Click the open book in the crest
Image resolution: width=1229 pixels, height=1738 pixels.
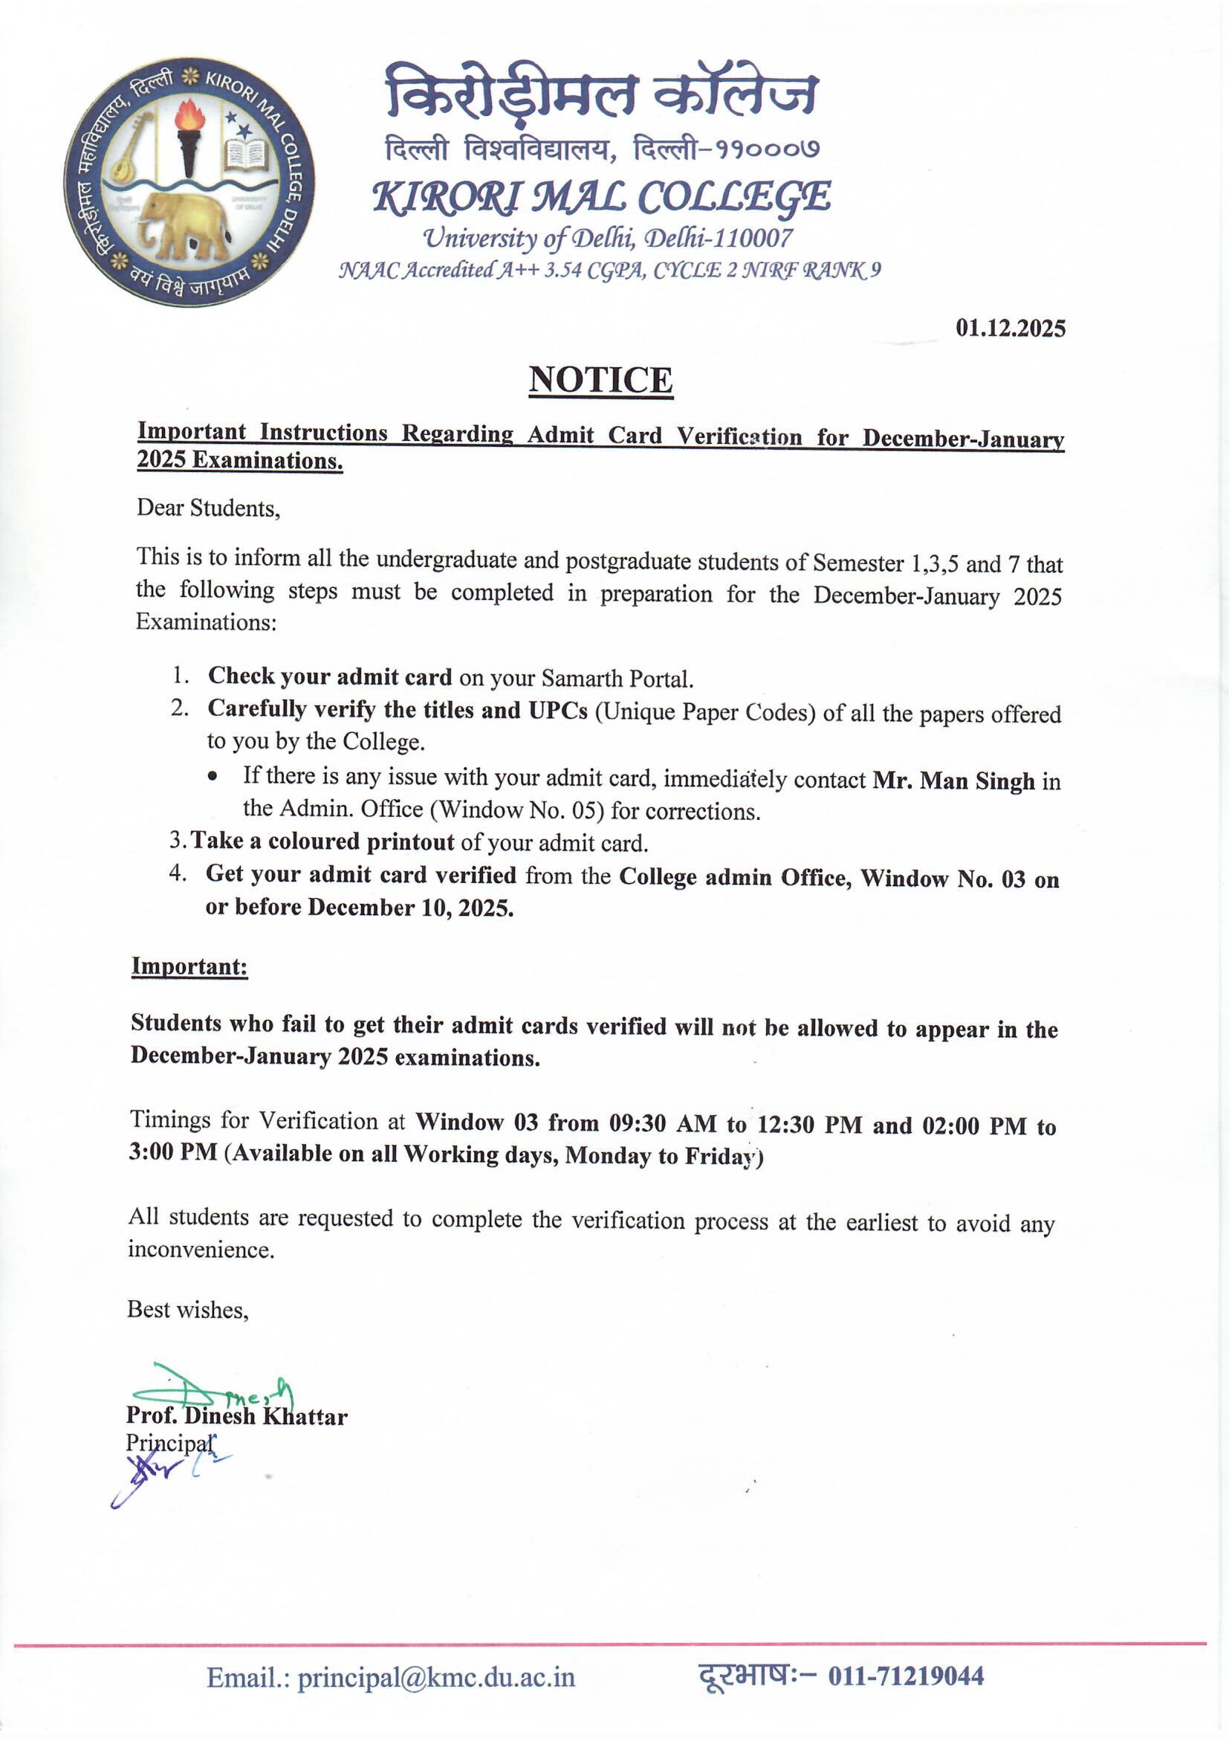(246, 155)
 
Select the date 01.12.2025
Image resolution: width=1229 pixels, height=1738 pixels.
(1011, 329)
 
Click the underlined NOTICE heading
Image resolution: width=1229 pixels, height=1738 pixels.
(600, 380)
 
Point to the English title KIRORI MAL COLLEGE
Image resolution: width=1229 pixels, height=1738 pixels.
(602, 197)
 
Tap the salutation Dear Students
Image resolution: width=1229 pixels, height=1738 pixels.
(208, 508)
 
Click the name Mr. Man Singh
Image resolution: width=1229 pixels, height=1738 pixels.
(953, 781)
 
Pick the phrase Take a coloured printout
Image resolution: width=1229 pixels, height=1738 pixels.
(322, 841)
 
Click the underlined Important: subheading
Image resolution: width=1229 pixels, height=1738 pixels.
(189, 966)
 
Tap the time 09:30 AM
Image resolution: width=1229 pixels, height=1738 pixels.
(663, 1123)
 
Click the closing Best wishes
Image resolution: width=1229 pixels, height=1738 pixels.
(188, 1311)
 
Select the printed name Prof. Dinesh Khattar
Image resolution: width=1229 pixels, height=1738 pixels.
(236, 1416)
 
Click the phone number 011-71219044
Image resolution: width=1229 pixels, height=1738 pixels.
(906, 1676)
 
